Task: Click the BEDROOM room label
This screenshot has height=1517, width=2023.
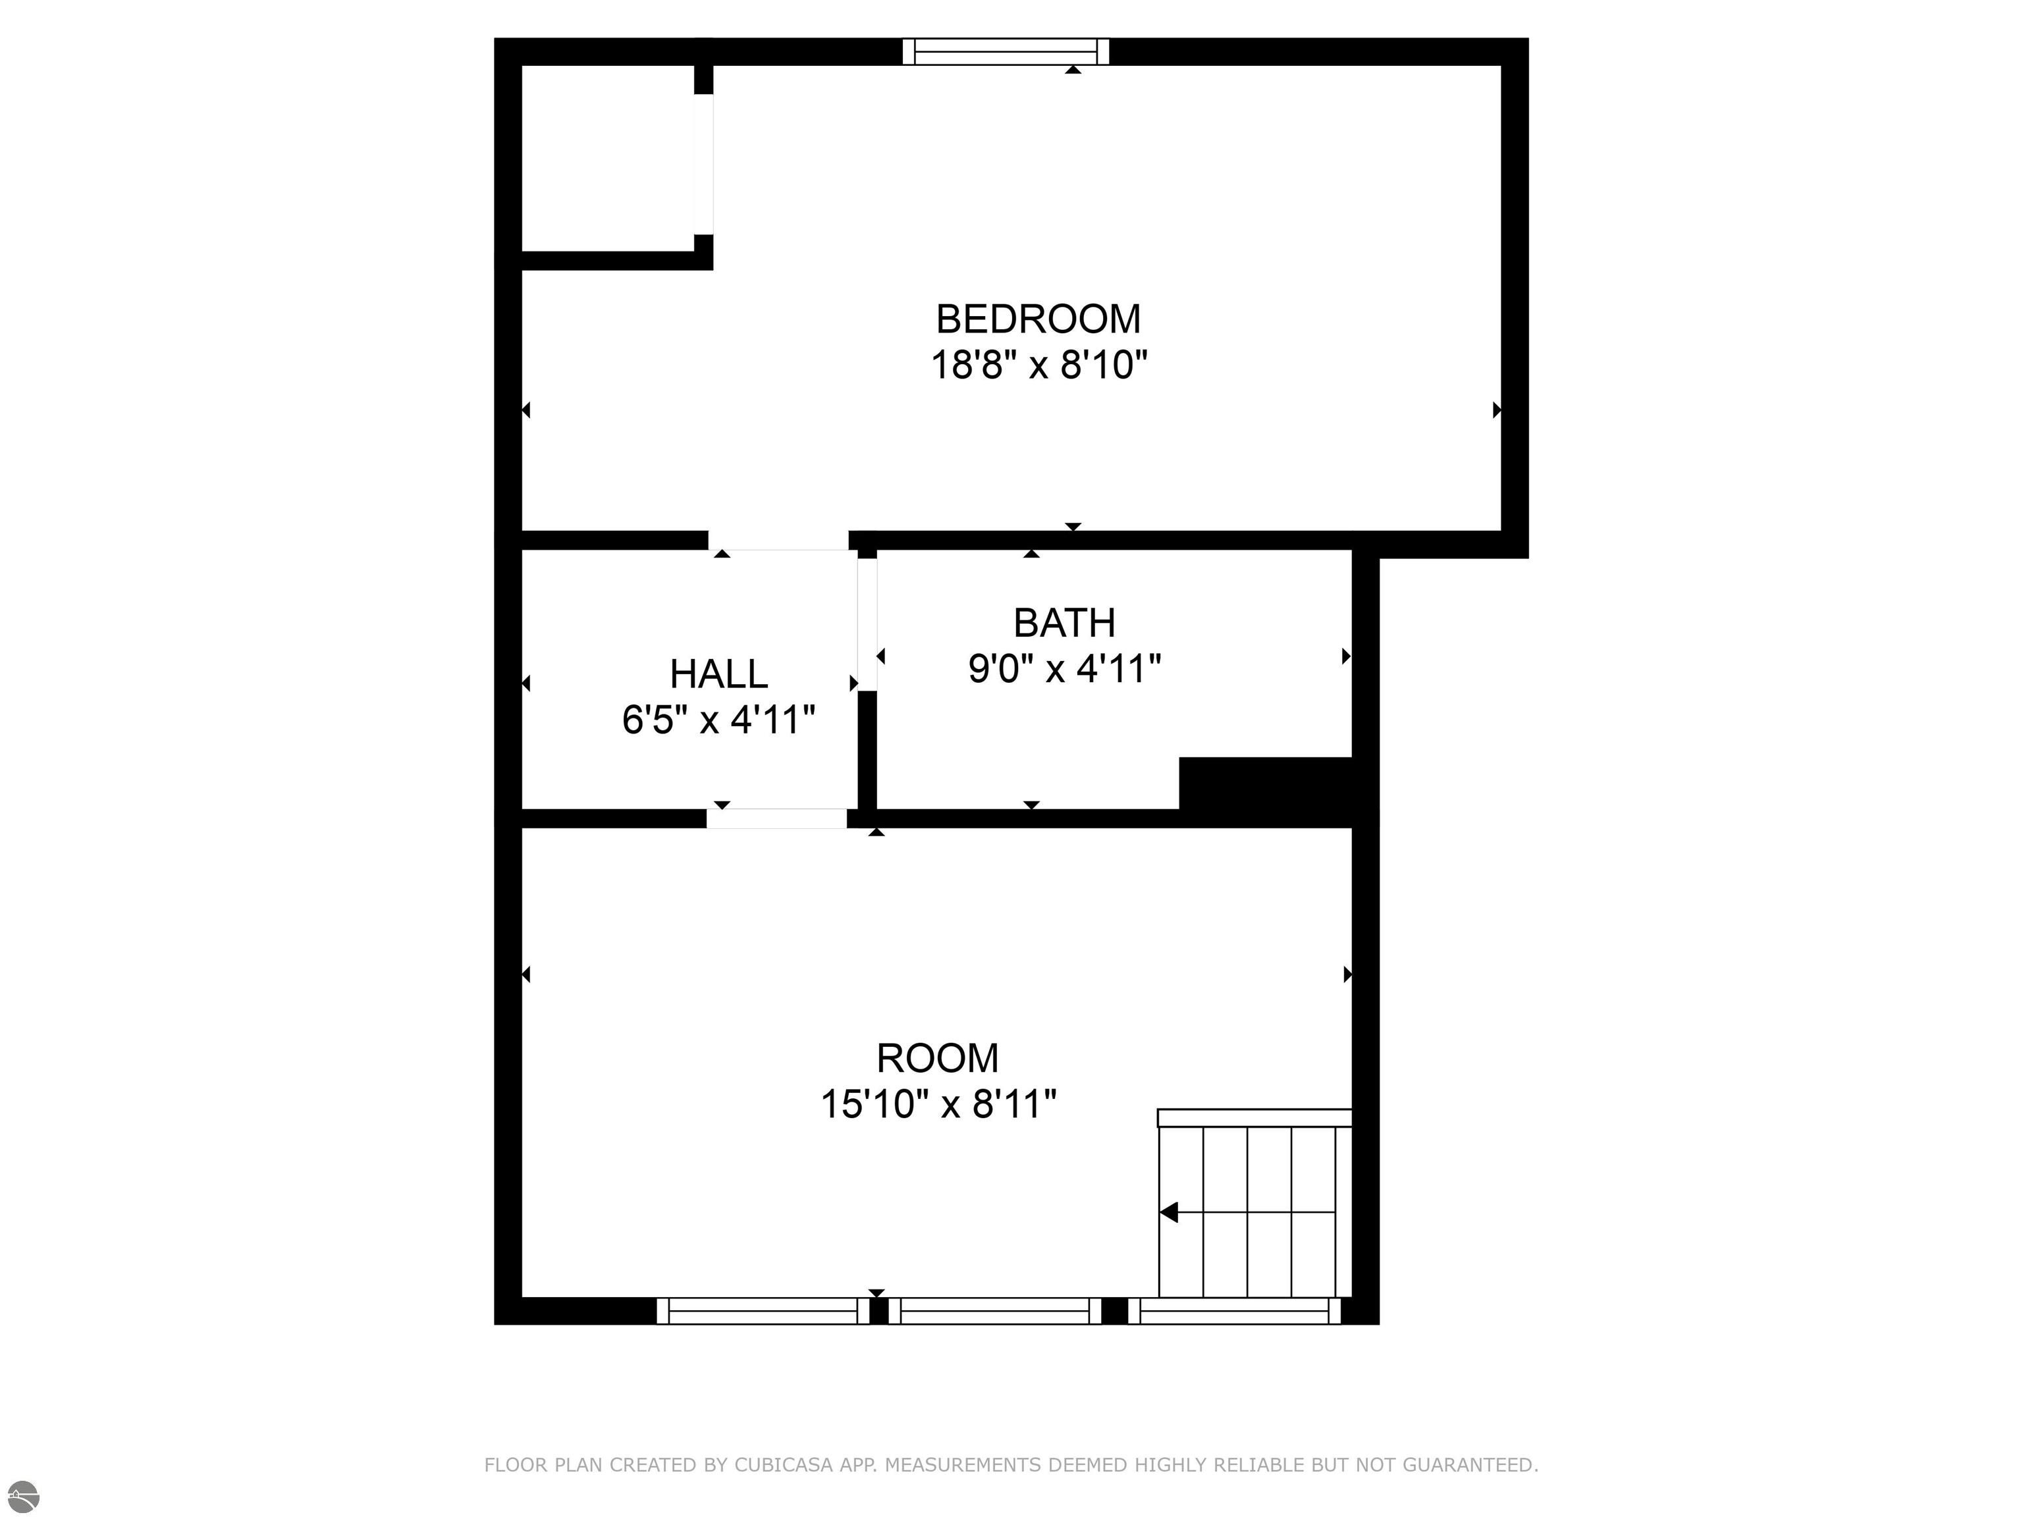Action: [1038, 319]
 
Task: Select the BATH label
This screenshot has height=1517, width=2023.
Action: [1065, 624]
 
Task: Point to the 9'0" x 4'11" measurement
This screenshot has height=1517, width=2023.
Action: [1065, 670]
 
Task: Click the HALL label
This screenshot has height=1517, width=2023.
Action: [719, 675]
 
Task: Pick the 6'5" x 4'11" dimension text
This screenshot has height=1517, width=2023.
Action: [719, 720]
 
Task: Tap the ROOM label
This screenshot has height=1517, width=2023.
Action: [938, 1059]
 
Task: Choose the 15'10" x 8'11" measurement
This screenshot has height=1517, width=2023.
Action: [938, 1105]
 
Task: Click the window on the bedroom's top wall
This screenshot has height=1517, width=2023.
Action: [1006, 51]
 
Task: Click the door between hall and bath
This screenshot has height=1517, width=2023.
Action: [867, 625]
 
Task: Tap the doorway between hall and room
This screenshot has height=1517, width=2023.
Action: [777, 818]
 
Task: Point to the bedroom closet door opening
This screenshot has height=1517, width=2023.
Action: [703, 164]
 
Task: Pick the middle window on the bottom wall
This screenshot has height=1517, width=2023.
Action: [995, 1312]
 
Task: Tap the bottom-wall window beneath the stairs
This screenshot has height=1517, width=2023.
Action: [1235, 1312]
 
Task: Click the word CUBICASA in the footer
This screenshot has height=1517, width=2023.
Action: [784, 1466]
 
